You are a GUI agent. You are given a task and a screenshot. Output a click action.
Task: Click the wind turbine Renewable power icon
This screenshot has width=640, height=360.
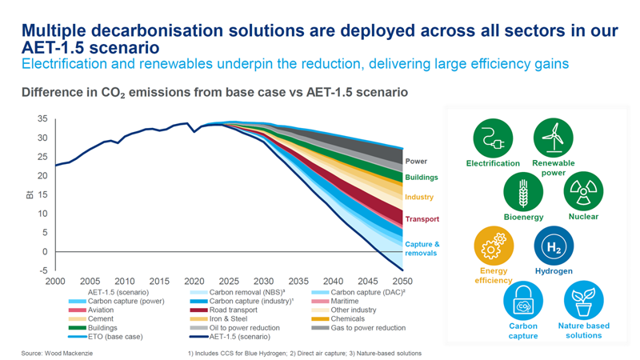click(x=554, y=138)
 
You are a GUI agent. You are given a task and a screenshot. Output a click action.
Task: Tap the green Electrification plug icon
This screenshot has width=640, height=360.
click(x=493, y=138)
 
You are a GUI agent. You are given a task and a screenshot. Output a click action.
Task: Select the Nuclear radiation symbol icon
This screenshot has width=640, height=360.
click(x=583, y=191)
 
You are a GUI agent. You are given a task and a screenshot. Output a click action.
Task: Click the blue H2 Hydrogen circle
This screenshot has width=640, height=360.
click(x=554, y=246)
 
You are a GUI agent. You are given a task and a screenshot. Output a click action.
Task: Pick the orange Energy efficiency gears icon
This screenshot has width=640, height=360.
click(x=494, y=246)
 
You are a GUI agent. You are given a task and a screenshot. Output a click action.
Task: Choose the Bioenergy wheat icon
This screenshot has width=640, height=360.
click(x=523, y=191)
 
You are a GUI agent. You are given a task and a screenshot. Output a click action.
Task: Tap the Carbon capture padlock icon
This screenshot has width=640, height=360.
click(x=523, y=302)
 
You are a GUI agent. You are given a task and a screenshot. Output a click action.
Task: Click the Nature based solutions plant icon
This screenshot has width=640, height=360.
click(x=583, y=302)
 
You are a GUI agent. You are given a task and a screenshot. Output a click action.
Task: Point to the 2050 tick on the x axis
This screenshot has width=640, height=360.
click(x=402, y=282)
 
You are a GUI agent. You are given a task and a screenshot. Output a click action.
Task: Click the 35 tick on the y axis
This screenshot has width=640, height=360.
click(x=42, y=119)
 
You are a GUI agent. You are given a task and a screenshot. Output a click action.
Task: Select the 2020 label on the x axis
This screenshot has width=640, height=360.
click(x=194, y=282)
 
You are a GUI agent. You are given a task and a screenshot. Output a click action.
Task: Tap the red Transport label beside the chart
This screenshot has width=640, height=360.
click(x=422, y=219)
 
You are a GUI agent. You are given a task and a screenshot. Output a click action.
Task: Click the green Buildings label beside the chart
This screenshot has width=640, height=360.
click(x=421, y=178)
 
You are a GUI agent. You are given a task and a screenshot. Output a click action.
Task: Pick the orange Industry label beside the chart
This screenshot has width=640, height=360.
click(x=419, y=198)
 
